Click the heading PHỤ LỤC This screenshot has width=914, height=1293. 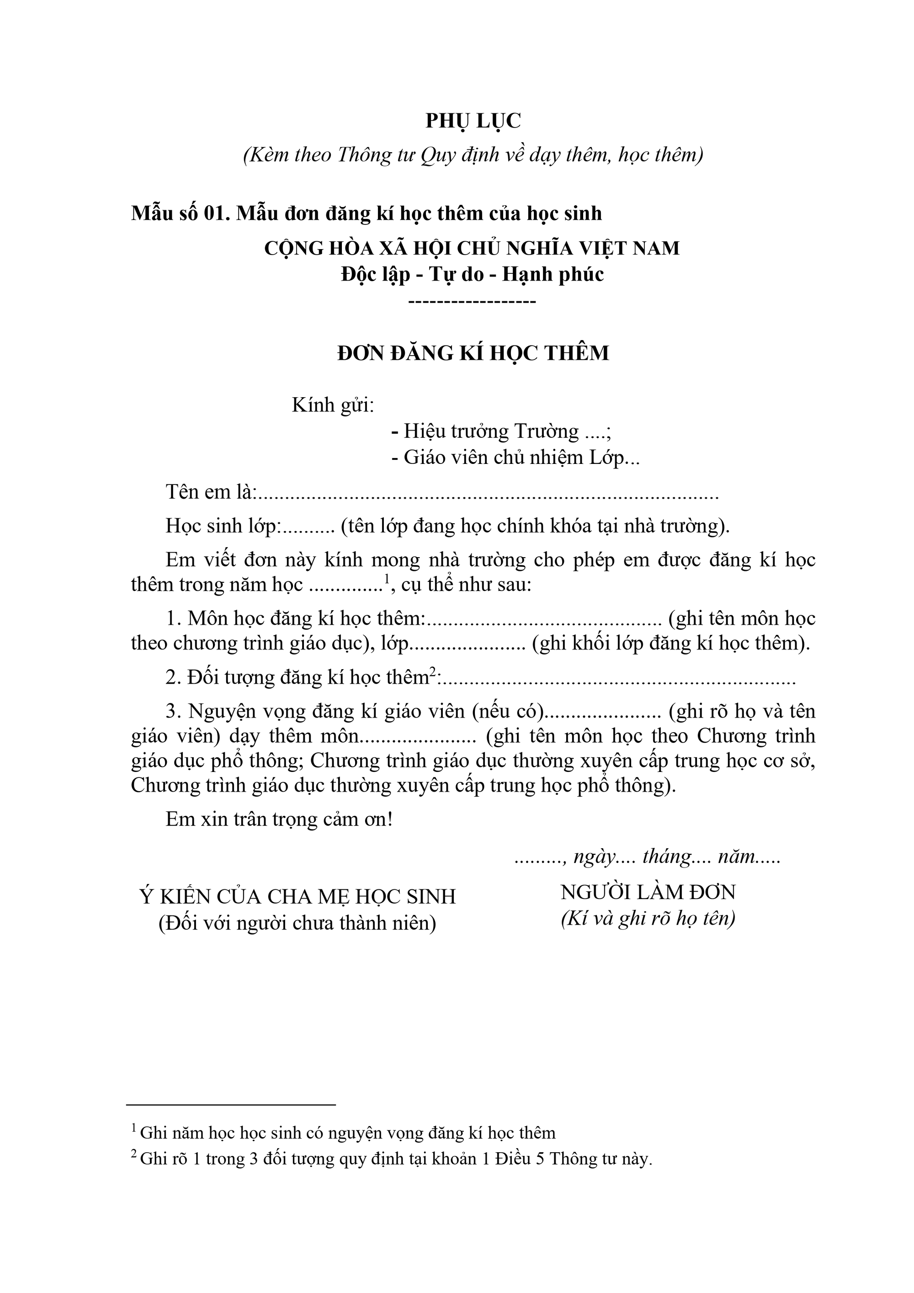473,121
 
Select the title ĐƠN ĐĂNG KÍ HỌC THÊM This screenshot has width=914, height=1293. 473,353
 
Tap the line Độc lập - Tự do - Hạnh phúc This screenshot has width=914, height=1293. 472,275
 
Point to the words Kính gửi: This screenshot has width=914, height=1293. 332,405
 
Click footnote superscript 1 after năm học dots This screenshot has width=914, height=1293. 387,578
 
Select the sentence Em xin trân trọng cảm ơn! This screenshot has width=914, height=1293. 279,819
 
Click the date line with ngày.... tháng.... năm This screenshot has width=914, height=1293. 647,857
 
